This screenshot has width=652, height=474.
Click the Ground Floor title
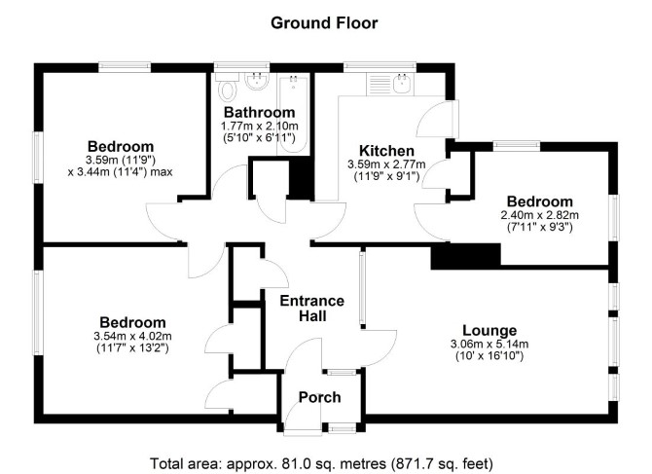tap(324, 22)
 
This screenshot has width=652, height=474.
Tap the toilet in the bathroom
tap(228, 88)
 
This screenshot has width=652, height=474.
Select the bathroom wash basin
tap(257, 82)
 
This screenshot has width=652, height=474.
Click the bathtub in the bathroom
tap(294, 113)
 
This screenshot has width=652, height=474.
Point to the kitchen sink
tap(403, 85)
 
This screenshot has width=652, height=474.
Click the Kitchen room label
tap(386, 151)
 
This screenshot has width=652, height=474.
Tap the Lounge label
tap(489, 331)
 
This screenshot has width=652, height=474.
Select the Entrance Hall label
tap(311, 309)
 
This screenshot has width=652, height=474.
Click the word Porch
tap(320, 397)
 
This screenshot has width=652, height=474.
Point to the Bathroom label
tap(260, 112)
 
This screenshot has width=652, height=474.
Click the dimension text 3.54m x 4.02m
tap(133, 336)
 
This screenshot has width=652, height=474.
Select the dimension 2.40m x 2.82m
tap(540, 215)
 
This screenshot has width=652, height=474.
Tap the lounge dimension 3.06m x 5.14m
tap(489, 345)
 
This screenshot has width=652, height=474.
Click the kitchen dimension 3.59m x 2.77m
tap(386, 164)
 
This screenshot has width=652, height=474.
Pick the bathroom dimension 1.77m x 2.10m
tap(260, 126)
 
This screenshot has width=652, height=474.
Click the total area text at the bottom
tap(321, 463)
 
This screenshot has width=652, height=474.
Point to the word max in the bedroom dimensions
tap(161, 171)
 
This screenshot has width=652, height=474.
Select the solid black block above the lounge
tap(466, 256)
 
